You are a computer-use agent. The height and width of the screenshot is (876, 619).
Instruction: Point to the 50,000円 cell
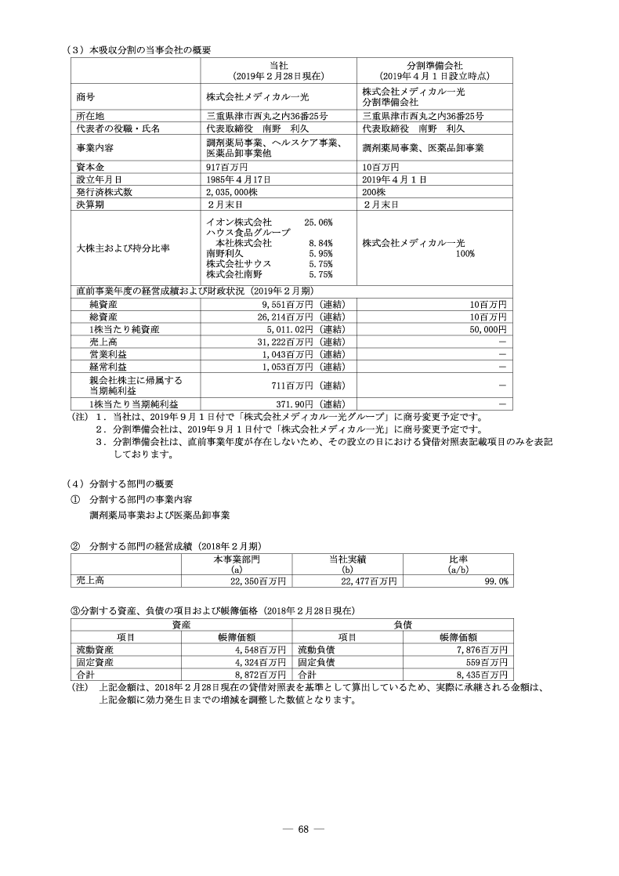coord(487,330)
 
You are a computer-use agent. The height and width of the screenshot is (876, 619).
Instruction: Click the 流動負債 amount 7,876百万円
coord(480,650)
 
